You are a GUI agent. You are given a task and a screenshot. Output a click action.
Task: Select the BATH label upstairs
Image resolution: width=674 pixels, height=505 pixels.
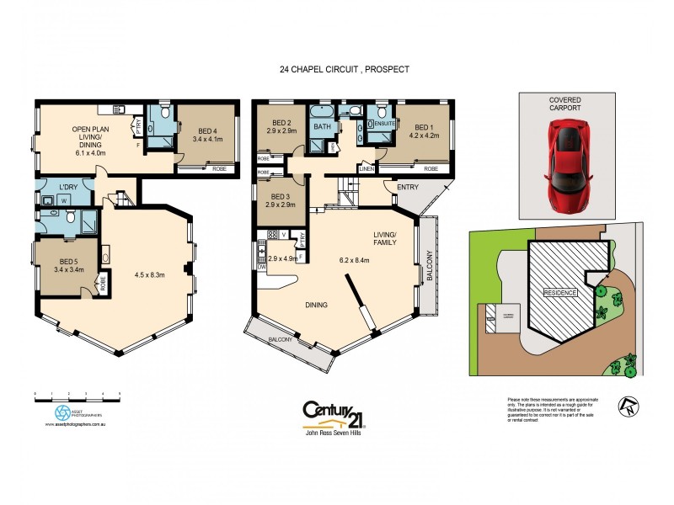tap(322, 127)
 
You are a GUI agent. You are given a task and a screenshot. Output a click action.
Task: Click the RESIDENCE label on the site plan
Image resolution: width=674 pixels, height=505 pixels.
tap(559, 292)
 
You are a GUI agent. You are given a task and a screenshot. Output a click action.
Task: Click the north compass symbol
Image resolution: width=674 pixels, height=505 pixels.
tap(626, 406)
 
